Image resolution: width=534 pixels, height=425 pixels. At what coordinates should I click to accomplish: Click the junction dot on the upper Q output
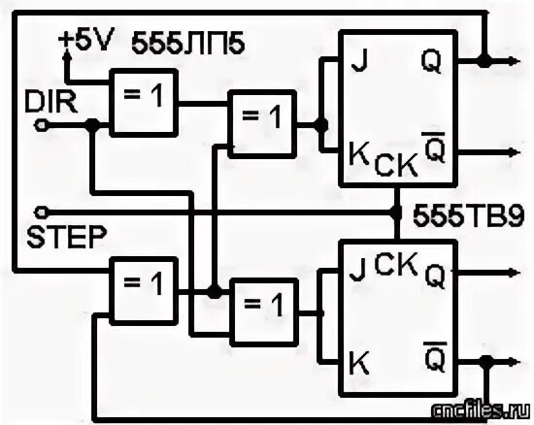click(483, 62)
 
